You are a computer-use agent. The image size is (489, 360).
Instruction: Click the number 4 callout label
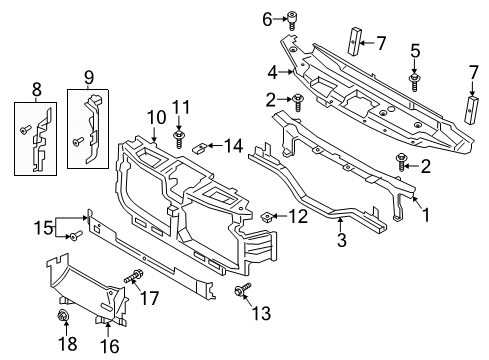[x=271, y=71]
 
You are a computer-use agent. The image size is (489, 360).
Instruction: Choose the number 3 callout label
[x=341, y=240]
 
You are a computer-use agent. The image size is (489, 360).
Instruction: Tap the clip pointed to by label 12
[x=270, y=215]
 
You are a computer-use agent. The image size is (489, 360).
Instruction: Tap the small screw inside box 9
[x=76, y=142]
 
